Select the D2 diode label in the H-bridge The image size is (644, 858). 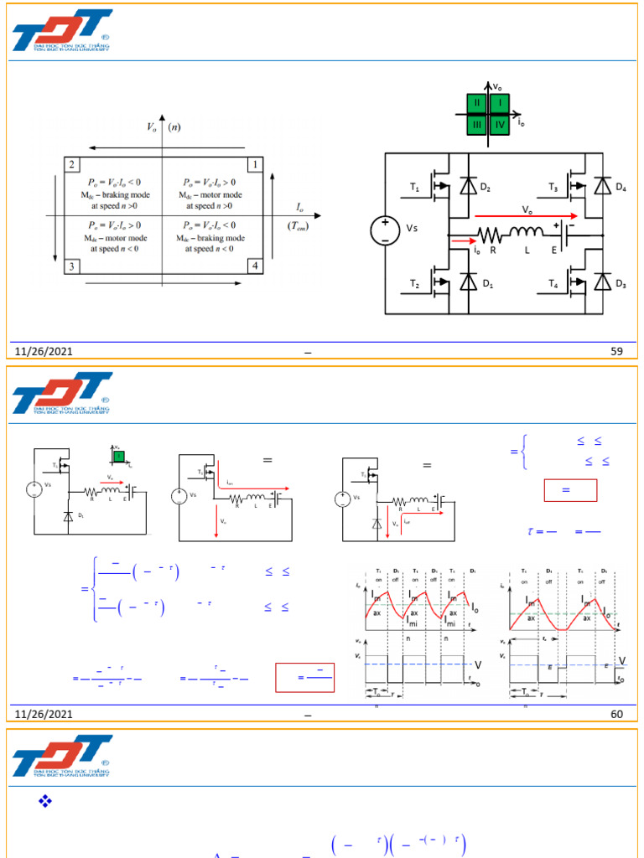pyautogui.click(x=486, y=187)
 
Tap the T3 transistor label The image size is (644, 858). pyautogui.click(x=554, y=188)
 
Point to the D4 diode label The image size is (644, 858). pyautogui.click(x=621, y=187)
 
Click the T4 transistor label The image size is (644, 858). pyautogui.click(x=553, y=284)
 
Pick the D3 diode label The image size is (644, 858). pyautogui.click(x=621, y=284)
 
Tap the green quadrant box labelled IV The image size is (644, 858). pyautogui.click(x=500, y=125)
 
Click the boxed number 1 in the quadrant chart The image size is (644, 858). pyautogui.click(x=255, y=164)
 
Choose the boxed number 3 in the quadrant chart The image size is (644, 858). pyautogui.click(x=73, y=266)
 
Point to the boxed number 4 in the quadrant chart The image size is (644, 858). pyautogui.click(x=255, y=266)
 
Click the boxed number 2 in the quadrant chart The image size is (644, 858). pyautogui.click(x=73, y=164)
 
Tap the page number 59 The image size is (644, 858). pyautogui.click(x=617, y=352)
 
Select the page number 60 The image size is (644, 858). pyautogui.click(x=617, y=713)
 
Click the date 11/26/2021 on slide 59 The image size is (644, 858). pyautogui.click(x=44, y=352)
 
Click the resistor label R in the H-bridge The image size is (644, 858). pyautogui.click(x=493, y=251)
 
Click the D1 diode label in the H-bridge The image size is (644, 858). pyautogui.click(x=487, y=284)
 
